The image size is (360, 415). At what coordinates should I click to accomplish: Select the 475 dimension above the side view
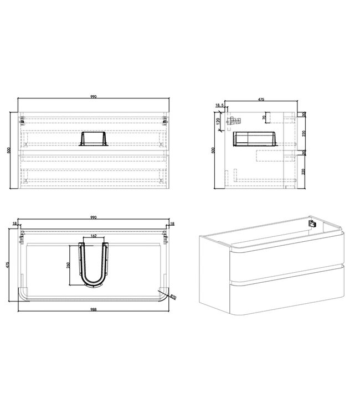pos(260,100)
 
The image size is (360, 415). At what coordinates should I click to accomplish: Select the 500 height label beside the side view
pos(212,150)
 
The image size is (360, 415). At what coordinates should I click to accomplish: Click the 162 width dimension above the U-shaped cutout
pos(92,237)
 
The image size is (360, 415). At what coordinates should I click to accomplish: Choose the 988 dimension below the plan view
pos(93,310)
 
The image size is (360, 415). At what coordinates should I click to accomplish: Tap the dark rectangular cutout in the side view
pos(255,139)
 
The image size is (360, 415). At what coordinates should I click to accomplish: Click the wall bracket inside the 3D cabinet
pos(312,225)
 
